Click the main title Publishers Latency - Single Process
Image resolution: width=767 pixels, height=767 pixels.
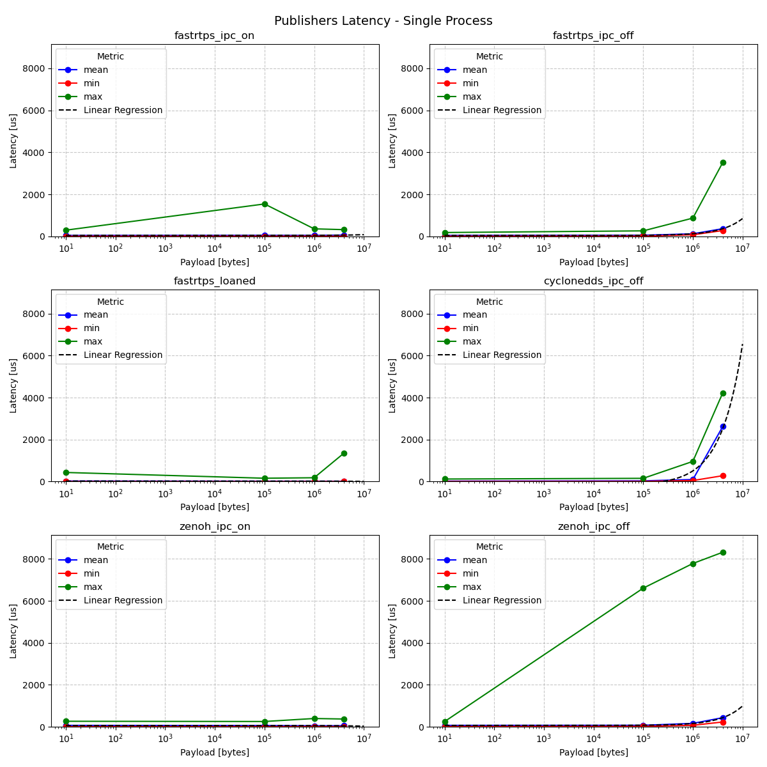click(383, 21)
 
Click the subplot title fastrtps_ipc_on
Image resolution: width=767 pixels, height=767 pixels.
click(214, 36)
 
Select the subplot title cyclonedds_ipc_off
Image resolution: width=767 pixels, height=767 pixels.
click(593, 281)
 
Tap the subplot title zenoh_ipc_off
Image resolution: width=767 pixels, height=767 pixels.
click(593, 527)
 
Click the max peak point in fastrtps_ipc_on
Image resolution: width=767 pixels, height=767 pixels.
click(265, 204)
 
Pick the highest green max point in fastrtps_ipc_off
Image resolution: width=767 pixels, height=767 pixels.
click(723, 162)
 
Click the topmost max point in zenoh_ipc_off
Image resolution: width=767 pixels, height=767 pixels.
click(723, 552)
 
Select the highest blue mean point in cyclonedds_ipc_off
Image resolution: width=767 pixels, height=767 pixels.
click(723, 426)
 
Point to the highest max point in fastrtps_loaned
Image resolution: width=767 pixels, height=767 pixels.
click(344, 453)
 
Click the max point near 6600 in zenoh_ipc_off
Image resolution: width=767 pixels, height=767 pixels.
click(643, 588)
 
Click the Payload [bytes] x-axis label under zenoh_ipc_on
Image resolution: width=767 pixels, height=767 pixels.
click(214, 752)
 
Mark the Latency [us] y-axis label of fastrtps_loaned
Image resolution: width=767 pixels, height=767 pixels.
click(13, 385)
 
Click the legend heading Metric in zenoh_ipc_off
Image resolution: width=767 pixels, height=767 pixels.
click(489, 546)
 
